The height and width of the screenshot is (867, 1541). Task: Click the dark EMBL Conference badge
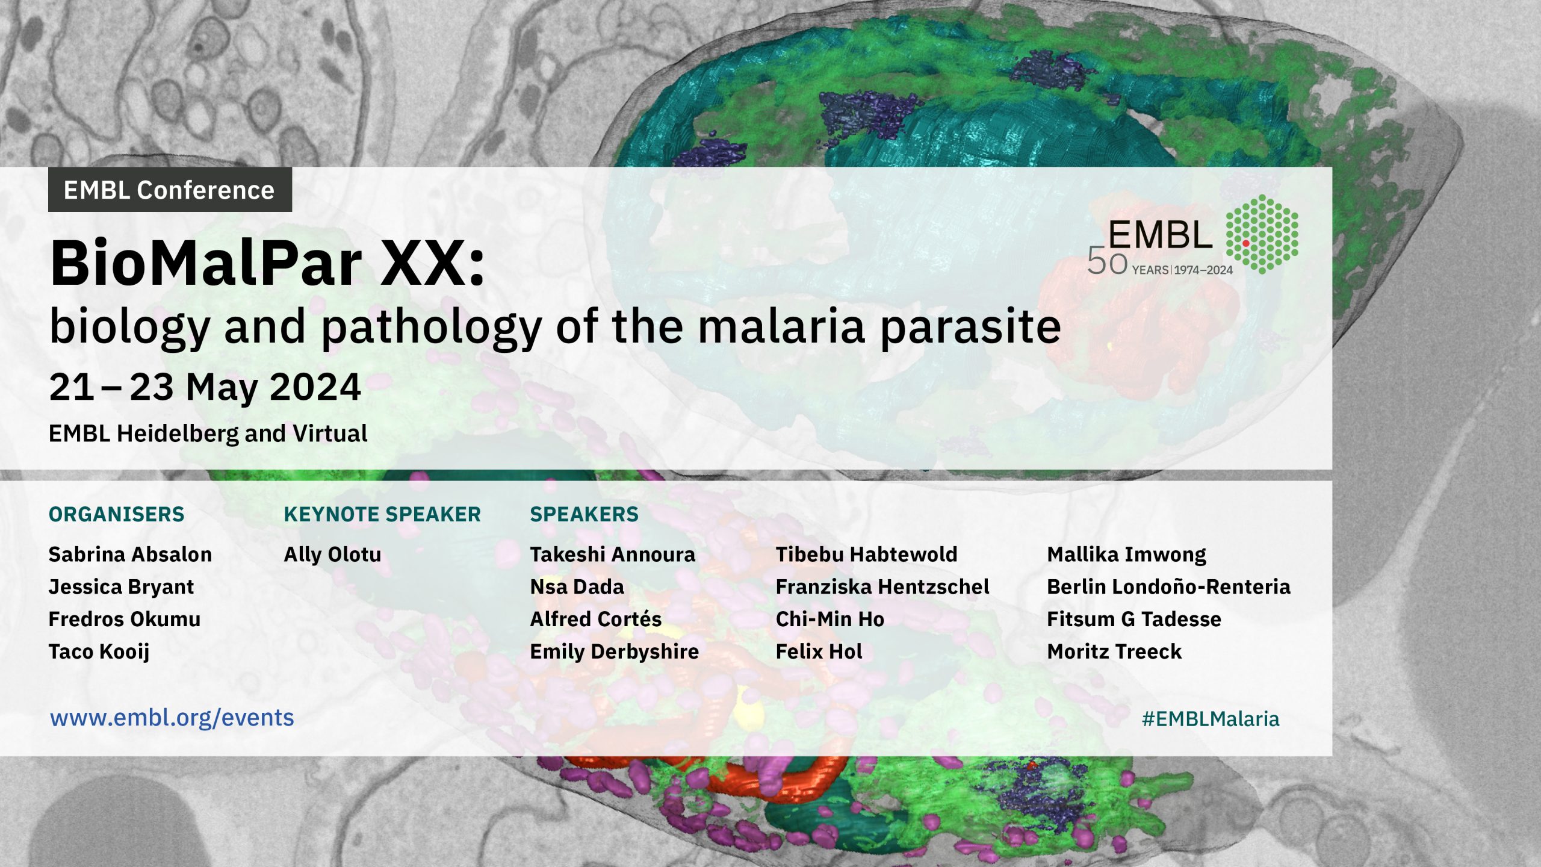(x=170, y=190)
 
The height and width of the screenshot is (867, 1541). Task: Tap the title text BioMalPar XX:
(x=267, y=264)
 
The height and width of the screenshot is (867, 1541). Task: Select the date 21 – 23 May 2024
(x=205, y=387)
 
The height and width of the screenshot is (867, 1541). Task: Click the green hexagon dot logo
(x=1262, y=234)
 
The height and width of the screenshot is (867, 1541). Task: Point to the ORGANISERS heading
(x=117, y=514)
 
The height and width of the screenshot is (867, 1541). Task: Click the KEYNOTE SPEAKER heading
(x=382, y=514)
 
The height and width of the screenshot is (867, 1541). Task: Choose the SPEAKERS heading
(x=584, y=514)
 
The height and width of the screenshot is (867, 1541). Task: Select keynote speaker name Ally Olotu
(x=332, y=555)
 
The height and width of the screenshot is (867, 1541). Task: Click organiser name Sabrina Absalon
(x=130, y=555)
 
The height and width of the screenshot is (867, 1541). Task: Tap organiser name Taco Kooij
(x=99, y=652)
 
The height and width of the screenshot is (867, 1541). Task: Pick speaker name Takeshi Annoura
(x=612, y=555)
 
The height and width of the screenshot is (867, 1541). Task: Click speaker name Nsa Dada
(x=577, y=587)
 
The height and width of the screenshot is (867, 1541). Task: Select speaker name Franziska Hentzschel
(x=882, y=587)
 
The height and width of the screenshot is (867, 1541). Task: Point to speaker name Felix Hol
(x=819, y=651)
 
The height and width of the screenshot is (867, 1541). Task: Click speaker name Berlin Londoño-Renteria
(x=1168, y=587)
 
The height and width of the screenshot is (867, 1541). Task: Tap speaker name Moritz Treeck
(x=1114, y=651)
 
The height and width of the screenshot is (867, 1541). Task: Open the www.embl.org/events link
(x=172, y=718)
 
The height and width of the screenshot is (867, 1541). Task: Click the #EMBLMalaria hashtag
(x=1211, y=719)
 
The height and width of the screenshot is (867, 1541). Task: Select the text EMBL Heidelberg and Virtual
(x=208, y=433)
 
